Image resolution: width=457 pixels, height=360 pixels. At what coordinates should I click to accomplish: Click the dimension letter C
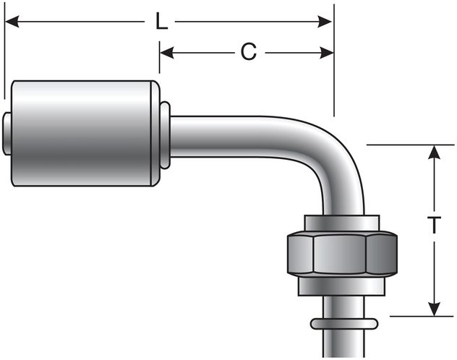[x=248, y=52]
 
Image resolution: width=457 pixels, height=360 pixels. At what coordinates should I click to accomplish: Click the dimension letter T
[x=433, y=226]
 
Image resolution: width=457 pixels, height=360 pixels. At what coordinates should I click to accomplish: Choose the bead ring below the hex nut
[x=343, y=321]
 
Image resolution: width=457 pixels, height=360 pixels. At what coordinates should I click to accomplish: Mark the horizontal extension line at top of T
[x=405, y=145]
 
